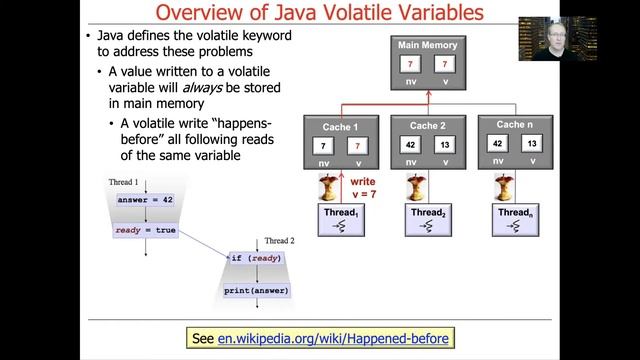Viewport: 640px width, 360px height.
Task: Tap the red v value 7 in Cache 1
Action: click(358, 147)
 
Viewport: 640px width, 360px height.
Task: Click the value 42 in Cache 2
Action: click(411, 144)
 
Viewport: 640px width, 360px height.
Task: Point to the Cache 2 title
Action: click(428, 125)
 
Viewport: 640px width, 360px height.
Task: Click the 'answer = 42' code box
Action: click(146, 200)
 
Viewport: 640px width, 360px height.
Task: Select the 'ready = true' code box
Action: click(146, 231)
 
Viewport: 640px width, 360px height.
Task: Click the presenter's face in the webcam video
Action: click(552, 26)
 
